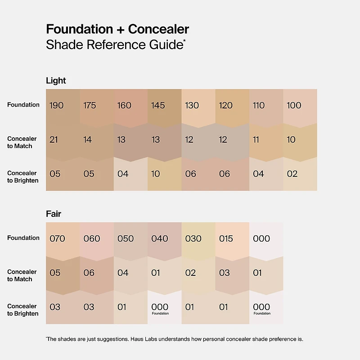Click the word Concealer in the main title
pyautogui.click(x=158, y=30)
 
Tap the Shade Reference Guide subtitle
pyautogui.click(x=115, y=45)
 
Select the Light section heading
pyautogui.click(x=56, y=81)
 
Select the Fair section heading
pyautogui.click(x=54, y=214)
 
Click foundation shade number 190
pyautogui.click(x=57, y=105)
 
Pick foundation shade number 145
pyautogui.click(x=158, y=105)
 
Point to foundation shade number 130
pyautogui.click(x=192, y=105)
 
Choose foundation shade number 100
pyautogui.click(x=294, y=105)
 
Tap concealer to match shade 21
pyautogui.click(x=54, y=139)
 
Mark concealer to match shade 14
pyautogui.click(x=88, y=139)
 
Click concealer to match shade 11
pyautogui.click(x=256, y=139)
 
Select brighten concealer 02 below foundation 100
pyautogui.click(x=292, y=174)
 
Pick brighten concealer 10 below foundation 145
pyautogui.click(x=156, y=174)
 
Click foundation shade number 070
pyautogui.click(x=57, y=238)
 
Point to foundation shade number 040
pyautogui.click(x=160, y=238)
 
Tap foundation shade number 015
pyautogui.click(x=226, y=238)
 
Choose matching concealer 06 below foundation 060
pyautogui.click(x=89, y=273)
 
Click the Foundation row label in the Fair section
pyautogui.click(x=23, y=238)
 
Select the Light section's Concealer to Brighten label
pyautogui.click(x=22, y=177)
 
